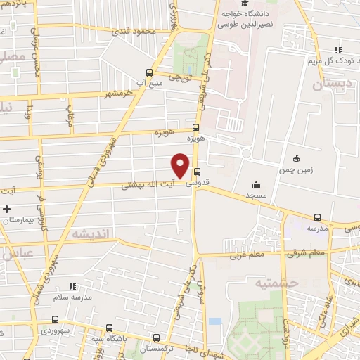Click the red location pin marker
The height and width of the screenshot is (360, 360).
181,165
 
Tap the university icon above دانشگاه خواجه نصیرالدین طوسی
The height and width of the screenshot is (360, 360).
233,4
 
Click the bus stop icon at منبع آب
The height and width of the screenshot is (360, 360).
148,72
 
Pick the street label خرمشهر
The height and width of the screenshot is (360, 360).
119,94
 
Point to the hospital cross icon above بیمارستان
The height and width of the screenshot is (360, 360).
7,209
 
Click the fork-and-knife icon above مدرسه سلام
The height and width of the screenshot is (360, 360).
72,286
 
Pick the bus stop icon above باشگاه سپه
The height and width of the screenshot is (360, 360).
110,328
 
